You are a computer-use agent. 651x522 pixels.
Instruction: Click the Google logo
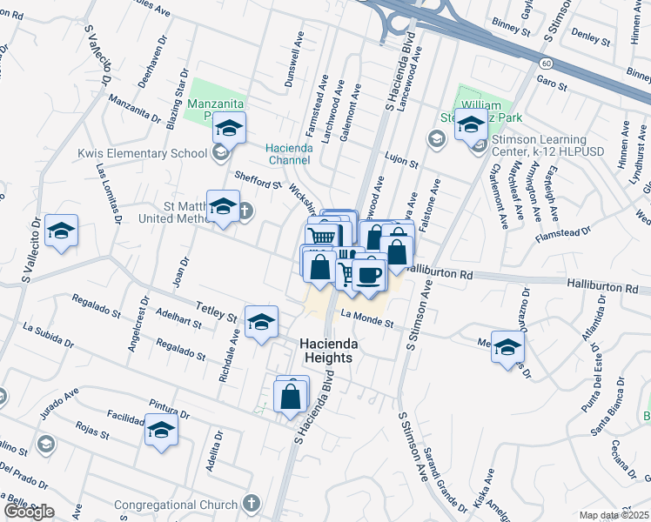pyautogui.click(x=29, y=511)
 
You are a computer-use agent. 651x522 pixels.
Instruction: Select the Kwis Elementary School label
pyautogui.click(x=142, y=153)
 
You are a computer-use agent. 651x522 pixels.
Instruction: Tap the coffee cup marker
pyautogui.click(x=369, y=276)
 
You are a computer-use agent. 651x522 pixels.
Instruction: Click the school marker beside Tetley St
pyautogui.click(x=260, y=322)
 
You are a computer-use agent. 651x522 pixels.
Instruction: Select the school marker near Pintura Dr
pyautogui.click(x=160, y=430)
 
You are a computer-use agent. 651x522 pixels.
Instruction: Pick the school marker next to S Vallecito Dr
pyautogui.click(x=61, y=231)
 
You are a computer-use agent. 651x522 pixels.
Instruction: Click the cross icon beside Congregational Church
pyautogui.click(x=251, y=504)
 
